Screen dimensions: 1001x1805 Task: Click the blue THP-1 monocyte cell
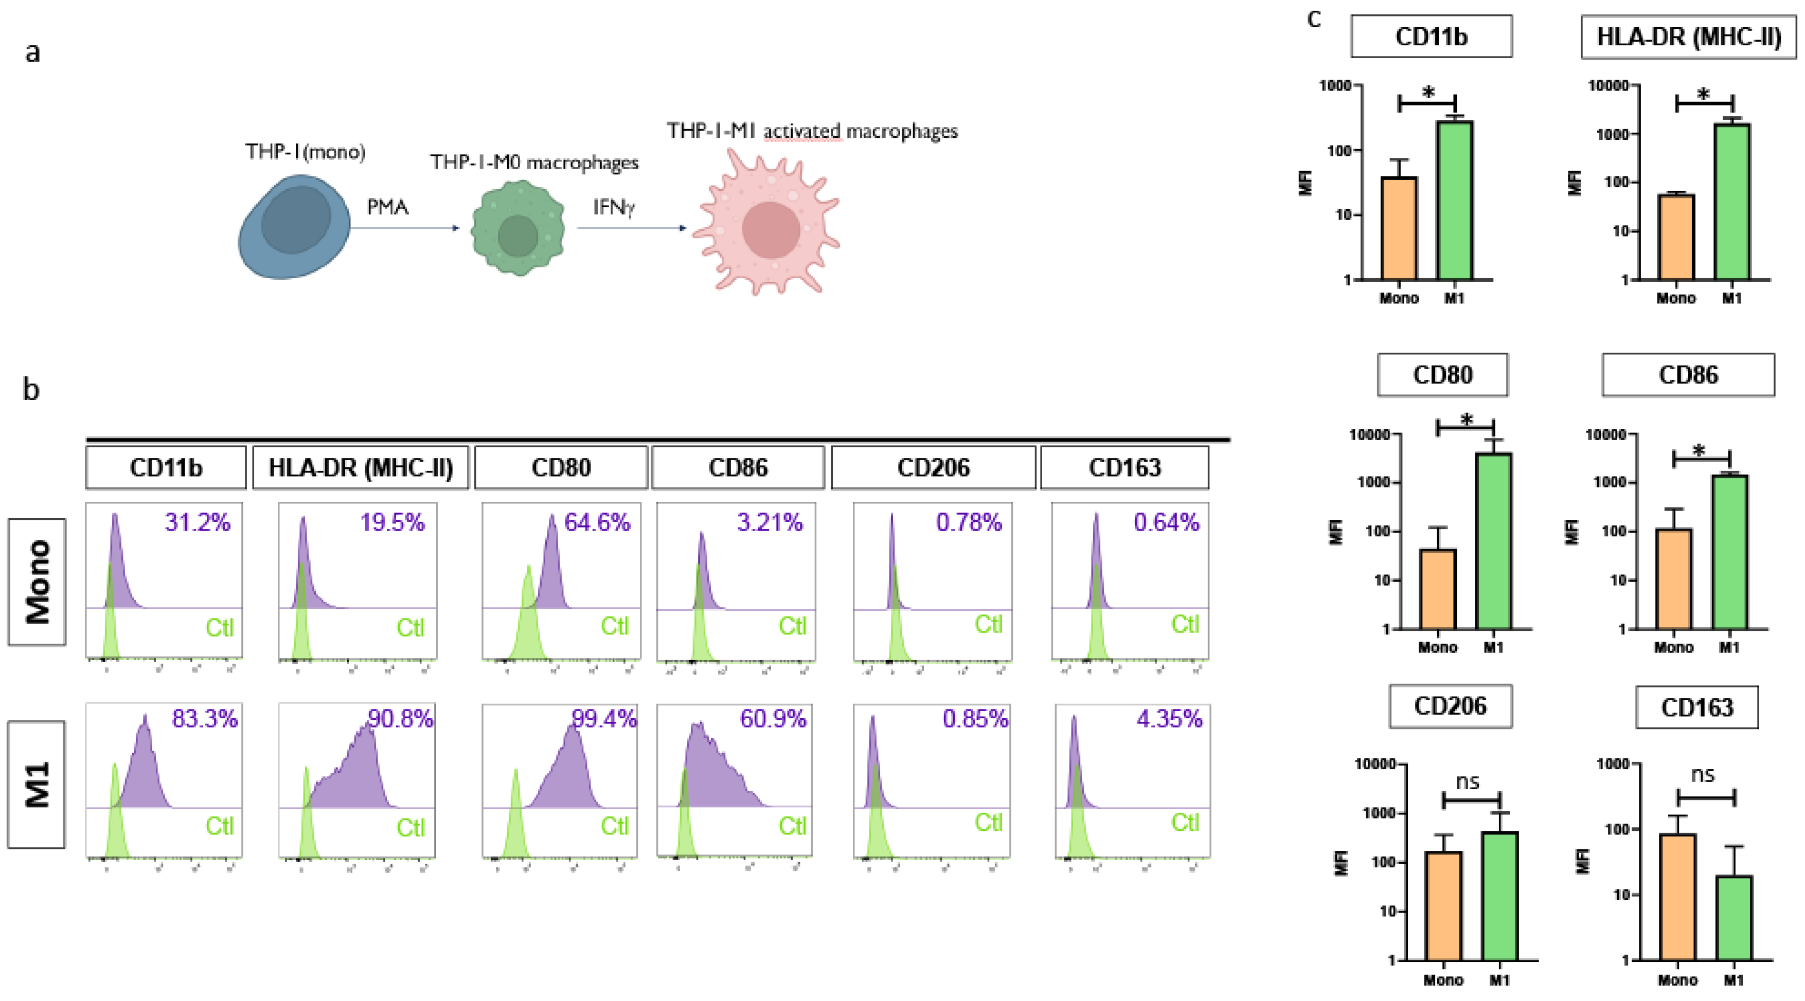click(294, 226)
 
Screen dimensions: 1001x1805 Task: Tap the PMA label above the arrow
click(387, 207)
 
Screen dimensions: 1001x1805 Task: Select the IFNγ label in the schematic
click(614, 207)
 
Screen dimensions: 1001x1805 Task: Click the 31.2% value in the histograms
click(198, 522)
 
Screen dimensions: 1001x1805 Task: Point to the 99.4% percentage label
click(603, 719)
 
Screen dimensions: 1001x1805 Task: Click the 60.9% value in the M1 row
click(773, 719)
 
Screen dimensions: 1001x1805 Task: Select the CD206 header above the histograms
click(933, 467)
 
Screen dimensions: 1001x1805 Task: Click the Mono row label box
click(37, 581)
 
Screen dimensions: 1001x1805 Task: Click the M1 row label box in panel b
click(37, 785)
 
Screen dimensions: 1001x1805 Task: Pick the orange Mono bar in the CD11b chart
click(1399, 228)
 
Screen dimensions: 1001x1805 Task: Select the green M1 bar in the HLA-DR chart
click(1731, 202)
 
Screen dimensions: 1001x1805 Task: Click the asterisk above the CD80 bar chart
click(1467, 420)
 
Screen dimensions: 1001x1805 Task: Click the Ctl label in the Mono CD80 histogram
click(615, 626)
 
